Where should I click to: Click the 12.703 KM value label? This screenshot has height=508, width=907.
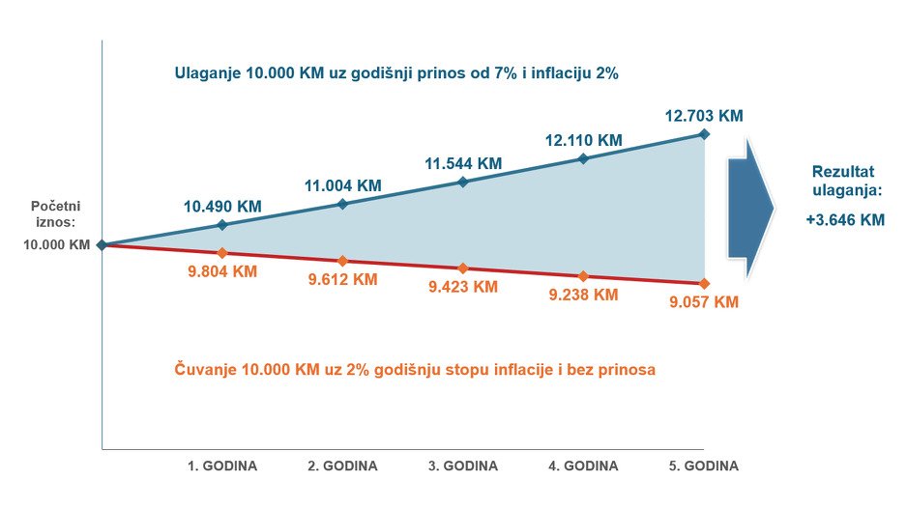coord(704,116)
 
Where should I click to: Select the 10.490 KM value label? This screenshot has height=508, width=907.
coord(222,207)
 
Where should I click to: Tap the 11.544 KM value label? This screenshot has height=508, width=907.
coord(463,163)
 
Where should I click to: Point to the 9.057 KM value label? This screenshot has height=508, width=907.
coord(704,302)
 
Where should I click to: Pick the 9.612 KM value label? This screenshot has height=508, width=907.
coord(343,280)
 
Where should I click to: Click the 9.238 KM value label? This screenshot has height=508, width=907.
coord(584,295)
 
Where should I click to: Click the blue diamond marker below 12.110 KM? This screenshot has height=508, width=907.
coord(584,158)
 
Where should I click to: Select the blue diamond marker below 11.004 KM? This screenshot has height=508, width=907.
coord(342,204)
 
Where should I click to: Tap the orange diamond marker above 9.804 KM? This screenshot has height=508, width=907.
coord(222,253)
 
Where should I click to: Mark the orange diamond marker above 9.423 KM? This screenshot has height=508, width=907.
coord(463,268)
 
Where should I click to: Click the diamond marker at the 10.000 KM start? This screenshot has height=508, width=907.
coord(102,245)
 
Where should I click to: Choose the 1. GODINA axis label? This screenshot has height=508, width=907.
coord(222,466)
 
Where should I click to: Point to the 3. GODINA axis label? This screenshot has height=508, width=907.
coord(463,466)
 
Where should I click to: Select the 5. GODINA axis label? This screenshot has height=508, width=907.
coord(704,466)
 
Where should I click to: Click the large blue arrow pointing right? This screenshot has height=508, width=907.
coord(750,208)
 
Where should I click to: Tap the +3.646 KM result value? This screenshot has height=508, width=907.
coord(846,219)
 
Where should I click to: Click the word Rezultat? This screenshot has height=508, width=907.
coord(843,172)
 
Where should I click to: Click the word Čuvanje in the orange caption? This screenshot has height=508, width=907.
coord(205,369)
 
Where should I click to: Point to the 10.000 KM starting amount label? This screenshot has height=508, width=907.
coord(57,245)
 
